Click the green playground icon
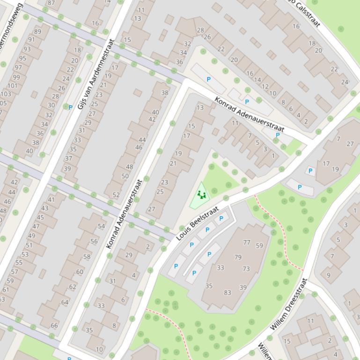(202, 194)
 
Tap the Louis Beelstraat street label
(198, 223)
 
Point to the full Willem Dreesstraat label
(289, 304)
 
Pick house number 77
(247, 242)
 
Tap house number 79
(238, 257)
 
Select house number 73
(246, 268)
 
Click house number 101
(12, 86)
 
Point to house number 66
(54, 325)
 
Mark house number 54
(101, 226)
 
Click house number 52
(116, 195)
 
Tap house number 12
(265, 86)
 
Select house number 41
(51, 200)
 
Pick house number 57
(14, 272)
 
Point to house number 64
(65, 302)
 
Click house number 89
(37, 32)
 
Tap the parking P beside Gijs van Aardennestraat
(70, 108)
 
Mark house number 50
(125, 176)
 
